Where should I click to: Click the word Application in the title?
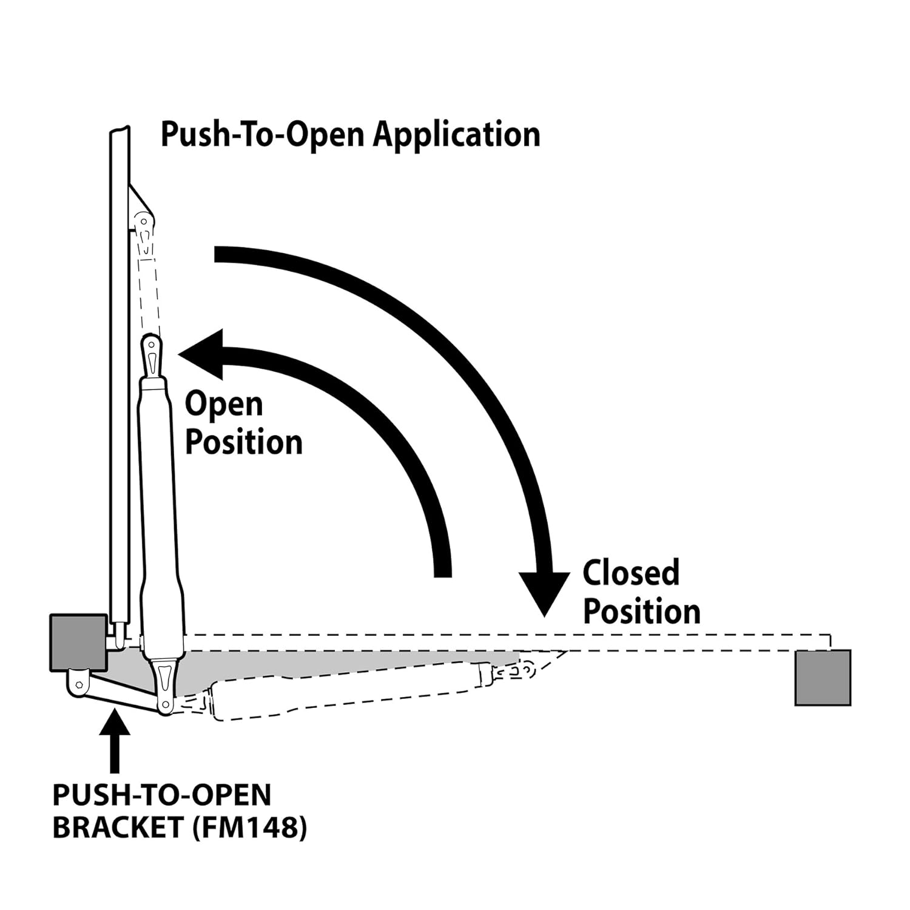(x=456, y=135)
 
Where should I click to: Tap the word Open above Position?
(x=224, y=405)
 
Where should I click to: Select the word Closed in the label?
(x=631, y=573)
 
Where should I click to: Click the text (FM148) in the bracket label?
(x=249, y=827)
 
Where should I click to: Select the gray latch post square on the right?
(x=823, y=678)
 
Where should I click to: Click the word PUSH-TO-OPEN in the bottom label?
(x=162, y=795)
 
